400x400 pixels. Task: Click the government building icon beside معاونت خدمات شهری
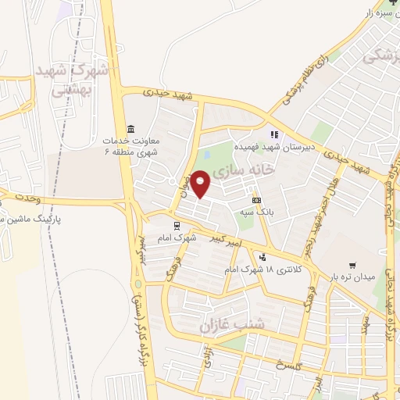(x=130, y=129)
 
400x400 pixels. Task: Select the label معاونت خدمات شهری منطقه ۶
(x=130, y=145)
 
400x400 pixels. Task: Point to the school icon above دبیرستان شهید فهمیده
(x=274, y=135)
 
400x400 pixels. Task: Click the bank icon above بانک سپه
(x=256, y=201)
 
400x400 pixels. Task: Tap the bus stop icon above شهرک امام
(x=176, y=223)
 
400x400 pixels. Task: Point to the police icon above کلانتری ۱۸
(x=262, y=257)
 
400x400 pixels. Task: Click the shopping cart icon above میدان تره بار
(x=354, y=265)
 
